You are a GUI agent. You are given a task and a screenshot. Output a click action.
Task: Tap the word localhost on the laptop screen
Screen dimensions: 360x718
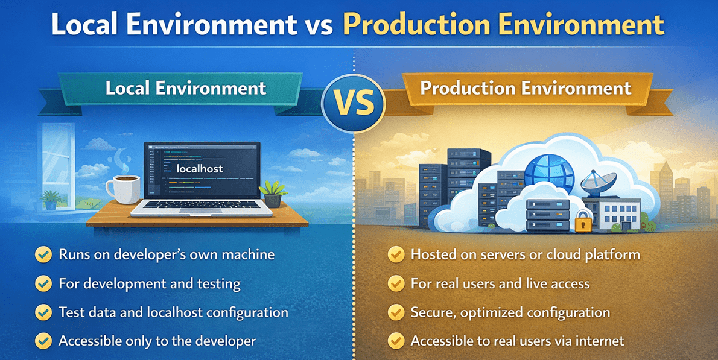pyautogui.click(x=200, y=169)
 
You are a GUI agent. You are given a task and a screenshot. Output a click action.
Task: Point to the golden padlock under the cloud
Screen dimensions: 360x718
pyautogui.click(x=582, y=223)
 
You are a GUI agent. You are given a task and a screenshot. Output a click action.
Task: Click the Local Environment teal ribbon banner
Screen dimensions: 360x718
pyautogui.click(x=186, y=89)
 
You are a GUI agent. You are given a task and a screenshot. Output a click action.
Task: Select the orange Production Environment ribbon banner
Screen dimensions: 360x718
pyautogui.click(x=525, y=89)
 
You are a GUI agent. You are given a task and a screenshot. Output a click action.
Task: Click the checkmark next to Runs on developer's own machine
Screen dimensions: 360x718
pyautogui.click(x=43, y=254)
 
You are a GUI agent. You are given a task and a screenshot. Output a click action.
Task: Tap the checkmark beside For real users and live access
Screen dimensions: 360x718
pyautogui.click(x=395, y=283)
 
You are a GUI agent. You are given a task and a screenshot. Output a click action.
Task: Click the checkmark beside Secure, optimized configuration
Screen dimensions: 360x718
pyautogui.click(x=395, y=312)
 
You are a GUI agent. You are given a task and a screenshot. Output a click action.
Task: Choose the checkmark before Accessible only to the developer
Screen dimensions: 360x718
pyautogui.click(x=43, y=341)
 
